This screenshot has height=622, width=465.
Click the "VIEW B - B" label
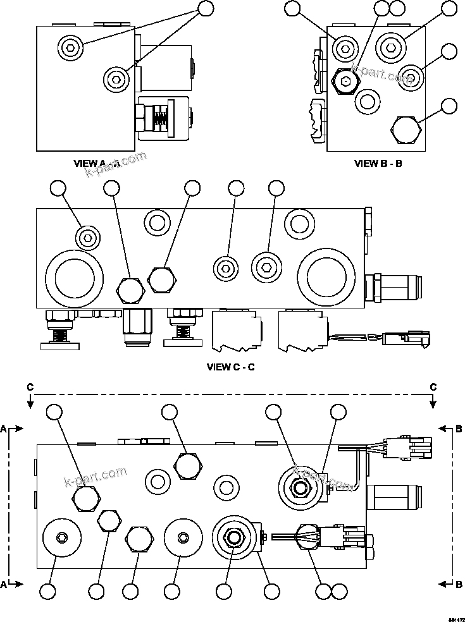point(378,163)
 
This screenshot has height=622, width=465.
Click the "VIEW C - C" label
point(231,367)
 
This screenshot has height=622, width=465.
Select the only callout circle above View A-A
point(207,8)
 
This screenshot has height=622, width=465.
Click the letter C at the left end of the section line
point(29,386)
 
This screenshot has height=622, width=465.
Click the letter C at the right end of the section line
point(433,386)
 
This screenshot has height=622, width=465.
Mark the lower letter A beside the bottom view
point(4,585)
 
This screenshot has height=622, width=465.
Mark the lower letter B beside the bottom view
point(459,585)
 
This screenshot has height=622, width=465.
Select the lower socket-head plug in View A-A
point(116,78)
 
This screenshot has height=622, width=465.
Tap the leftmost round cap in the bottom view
point(61,538)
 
